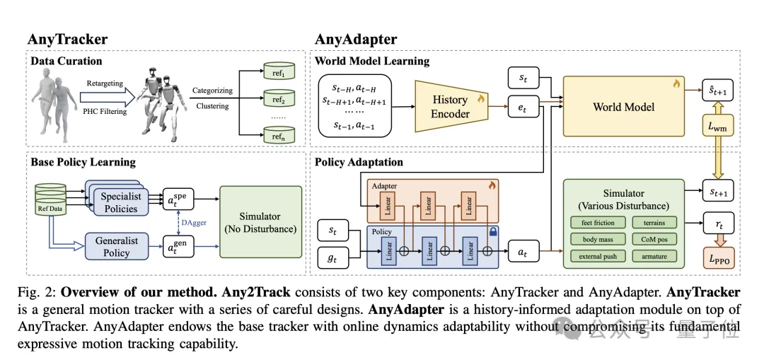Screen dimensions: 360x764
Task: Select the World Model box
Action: [x=623, y=107]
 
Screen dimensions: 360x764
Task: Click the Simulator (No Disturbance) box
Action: [x=260, y=221]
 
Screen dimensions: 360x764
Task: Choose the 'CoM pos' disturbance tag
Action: [x=655, y=239]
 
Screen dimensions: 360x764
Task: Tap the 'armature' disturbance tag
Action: [x=655, y=256]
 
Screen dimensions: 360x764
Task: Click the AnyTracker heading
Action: [x=67, y=39]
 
